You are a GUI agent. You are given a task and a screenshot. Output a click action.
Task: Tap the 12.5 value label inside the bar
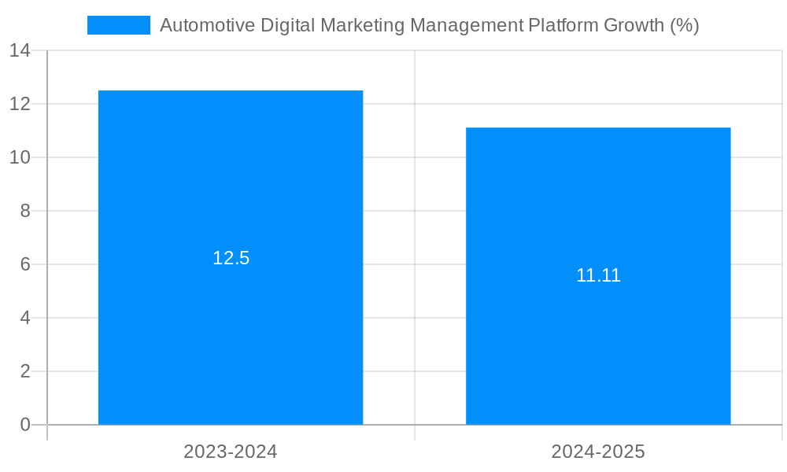pos(231,258)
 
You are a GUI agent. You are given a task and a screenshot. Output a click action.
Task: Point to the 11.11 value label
pos(598,275)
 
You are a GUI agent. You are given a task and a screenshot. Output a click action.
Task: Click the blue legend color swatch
pos(118,25)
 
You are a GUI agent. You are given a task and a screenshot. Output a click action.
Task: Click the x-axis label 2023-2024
pos(231,452)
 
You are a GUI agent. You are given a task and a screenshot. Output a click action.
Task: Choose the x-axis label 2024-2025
pos(598,452)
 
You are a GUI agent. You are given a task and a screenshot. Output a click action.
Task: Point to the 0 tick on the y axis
pos(24,425)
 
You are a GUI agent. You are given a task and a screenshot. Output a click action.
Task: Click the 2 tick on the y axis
pos(24,371)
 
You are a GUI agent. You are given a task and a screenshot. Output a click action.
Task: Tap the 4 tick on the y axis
pos(24,318)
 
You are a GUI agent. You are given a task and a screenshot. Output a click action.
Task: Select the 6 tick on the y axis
pos(24,264)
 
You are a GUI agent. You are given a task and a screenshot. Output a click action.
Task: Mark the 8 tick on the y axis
pos(24,211)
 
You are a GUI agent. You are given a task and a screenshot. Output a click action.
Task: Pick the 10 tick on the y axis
pos(20,157)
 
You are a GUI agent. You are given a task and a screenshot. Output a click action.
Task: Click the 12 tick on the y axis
pos(20,104)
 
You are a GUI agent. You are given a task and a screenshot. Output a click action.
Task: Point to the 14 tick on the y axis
pos(20,50)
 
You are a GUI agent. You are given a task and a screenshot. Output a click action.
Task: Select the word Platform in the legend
pos(561,25)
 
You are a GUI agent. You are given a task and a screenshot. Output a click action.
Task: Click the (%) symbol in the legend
pos(684,25)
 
